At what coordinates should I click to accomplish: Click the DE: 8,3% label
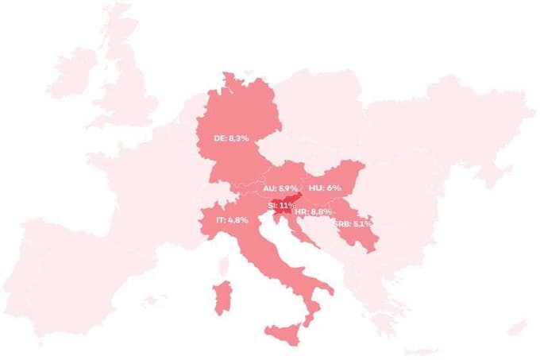pyautogui.click(x=231, y=138)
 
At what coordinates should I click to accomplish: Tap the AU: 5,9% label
pyautogui.click(x=279, y=188)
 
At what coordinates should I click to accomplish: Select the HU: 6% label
pyautogui.click(x=325, y=188)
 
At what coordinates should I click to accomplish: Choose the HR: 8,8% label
pyautogui.click(x=312, y=212)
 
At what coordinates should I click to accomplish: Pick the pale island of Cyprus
pyautogui.click(x=517, y=327)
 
